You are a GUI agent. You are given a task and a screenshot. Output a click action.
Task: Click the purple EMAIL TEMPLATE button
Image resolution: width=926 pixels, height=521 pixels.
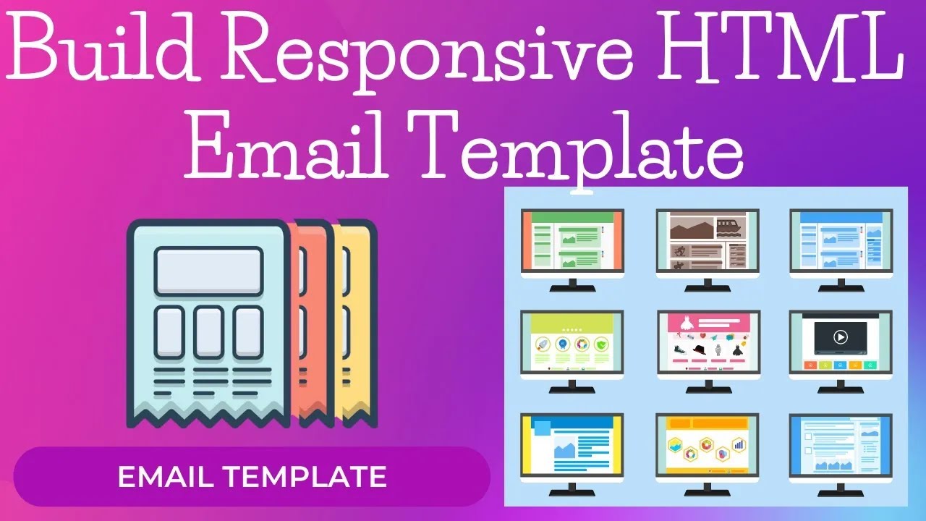(x=252, y=477)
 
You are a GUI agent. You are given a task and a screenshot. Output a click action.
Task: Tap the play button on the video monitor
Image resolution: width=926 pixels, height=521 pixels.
(x=840, y=336)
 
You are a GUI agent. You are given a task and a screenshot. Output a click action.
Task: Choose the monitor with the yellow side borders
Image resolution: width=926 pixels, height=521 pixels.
(x=572, y=445)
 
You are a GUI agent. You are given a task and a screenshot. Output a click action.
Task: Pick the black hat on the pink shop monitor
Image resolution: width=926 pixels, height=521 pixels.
(x=698, y=349)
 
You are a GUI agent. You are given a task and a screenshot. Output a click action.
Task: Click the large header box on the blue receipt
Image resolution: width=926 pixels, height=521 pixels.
(x=208, y=271)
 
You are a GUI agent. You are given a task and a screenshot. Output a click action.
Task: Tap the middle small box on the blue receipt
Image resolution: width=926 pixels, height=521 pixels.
(x=208, y=331)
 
